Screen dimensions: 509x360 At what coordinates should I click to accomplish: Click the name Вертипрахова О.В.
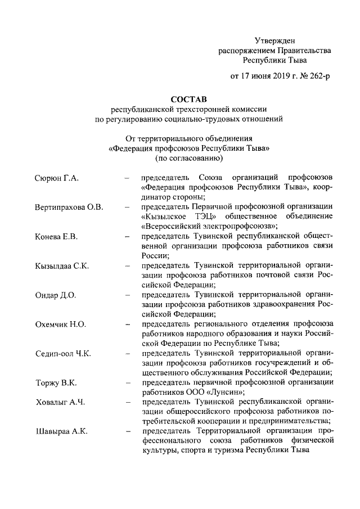[x=69, y=207]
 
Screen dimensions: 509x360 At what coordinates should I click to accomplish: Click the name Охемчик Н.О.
[x=59, y=325]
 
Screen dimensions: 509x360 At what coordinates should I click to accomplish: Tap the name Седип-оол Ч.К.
[x=63, y=354]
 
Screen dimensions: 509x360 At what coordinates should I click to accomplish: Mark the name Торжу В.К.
[x=55, y=383]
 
